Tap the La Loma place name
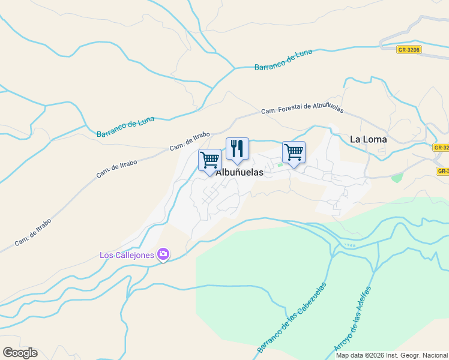(368, 139)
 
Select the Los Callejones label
(127, 256)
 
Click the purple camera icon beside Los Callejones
(163, 254)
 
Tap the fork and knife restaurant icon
(237, 149)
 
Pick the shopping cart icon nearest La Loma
(294, 152)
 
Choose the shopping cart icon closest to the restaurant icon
(209, 161)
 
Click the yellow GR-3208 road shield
(409, 50)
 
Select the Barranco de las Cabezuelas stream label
(292, 317)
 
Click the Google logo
(20, 353)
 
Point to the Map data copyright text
(392, 355)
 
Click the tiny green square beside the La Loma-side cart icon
(280, 165)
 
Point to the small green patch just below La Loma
(396, 178)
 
